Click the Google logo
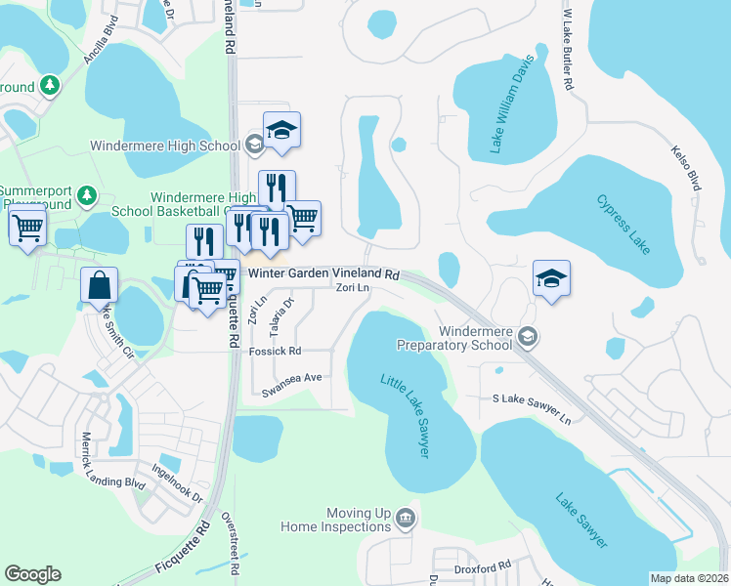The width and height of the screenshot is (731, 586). (x=33, y=574)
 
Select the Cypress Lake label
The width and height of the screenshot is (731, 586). (x=623, y=222)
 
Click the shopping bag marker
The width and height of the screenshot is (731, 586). (x=100, y=286)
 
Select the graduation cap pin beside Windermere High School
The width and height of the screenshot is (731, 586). (x=281, y=131)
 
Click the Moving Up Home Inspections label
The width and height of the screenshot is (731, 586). (x=337, y=520)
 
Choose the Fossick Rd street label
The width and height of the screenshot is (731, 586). (x=276, y=351)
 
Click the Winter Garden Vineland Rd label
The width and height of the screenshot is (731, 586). (x=324, y=275)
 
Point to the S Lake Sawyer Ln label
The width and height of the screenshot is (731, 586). (x=532, y=408)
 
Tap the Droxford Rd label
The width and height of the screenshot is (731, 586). (x=483, y=566)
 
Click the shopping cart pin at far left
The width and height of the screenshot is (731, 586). (x=27, y=228)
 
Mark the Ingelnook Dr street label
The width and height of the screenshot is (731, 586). (x=177, y=482)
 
